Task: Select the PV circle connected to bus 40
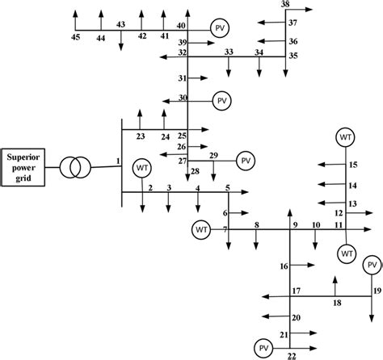[x=220, y=28]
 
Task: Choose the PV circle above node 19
[x=372, y=265]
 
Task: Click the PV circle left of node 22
[x=263, y=348]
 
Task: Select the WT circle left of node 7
[x=202, y=231]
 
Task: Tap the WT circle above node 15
[x=346, y=136]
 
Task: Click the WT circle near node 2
[x=143, y=168]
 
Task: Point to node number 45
[x=75, y=37]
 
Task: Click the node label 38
[x=285, y=5]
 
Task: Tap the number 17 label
[x=297, y=290]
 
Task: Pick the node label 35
[x=293, y=56]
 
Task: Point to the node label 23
[x=140, y=136]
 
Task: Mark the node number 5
[x=228, y=188]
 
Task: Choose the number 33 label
[x=229, y=52]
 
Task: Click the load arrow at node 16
[x=307, y=265]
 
